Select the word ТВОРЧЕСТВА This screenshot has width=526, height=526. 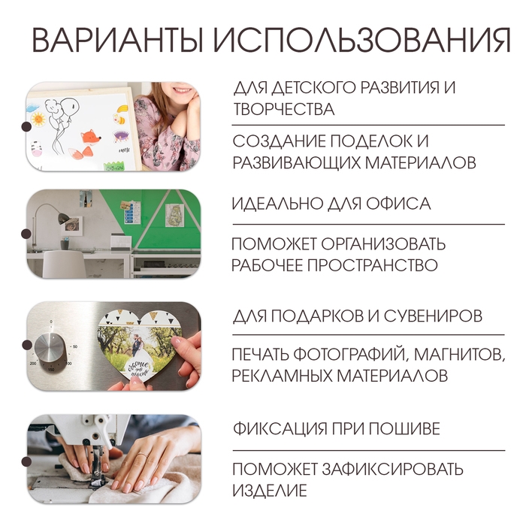(283, 109)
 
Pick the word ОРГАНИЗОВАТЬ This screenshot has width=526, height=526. (383, 244)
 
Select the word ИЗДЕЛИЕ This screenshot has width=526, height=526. (270, 491)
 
